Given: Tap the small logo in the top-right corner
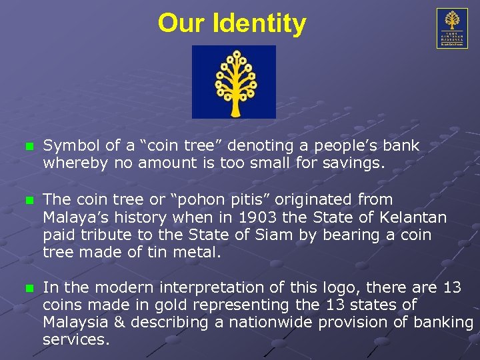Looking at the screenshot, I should coord(452,28).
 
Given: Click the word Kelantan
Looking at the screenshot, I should coord(412,218).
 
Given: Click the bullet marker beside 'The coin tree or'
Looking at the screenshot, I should coord(27,200).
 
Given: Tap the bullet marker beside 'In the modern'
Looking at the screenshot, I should coord(27,288).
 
